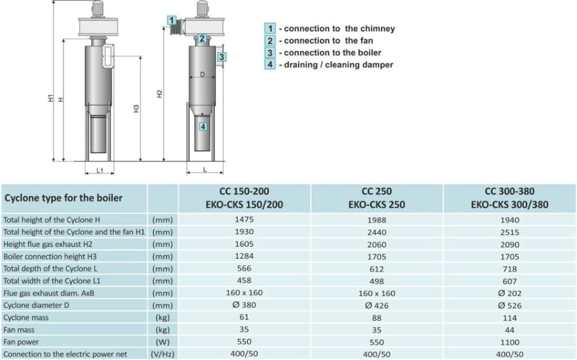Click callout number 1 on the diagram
[x=172, y=20]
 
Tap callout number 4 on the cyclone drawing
[x=203, y=126]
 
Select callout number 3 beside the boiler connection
[x=222, y=57]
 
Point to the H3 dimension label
[x=136, y=108]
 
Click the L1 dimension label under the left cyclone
[x=100, y=170]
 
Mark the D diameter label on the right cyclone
[x=202, y=75]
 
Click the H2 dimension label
[x=159, y=94]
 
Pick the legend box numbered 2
[x=270, y=41]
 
